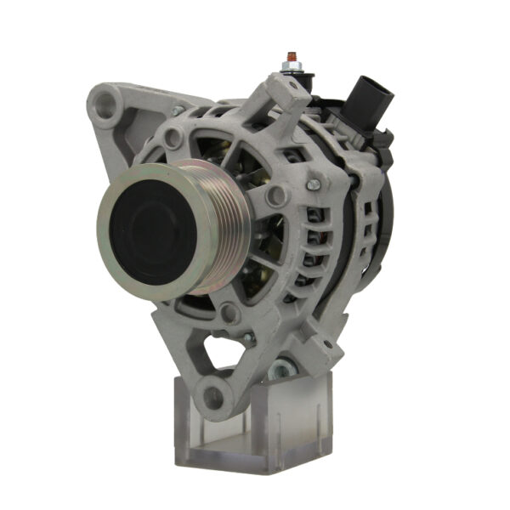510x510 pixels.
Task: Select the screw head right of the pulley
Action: coord(312,183)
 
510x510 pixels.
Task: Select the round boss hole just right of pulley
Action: coord(275,196)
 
